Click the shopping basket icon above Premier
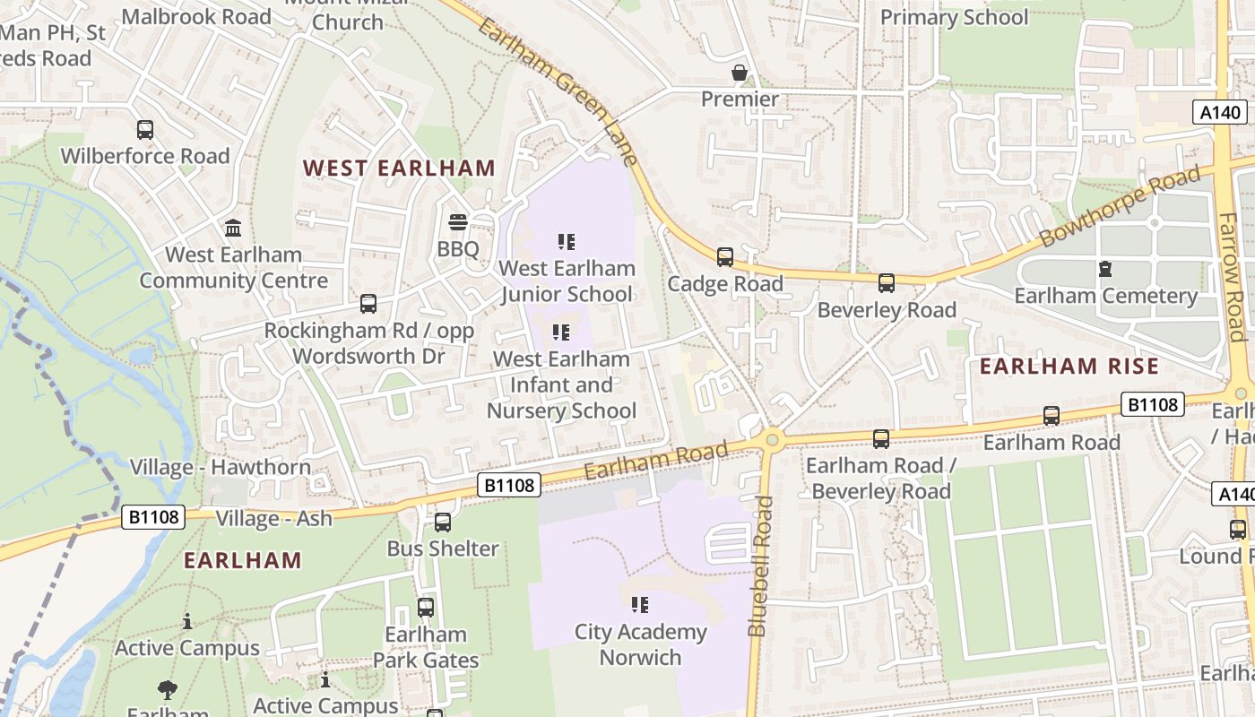740,73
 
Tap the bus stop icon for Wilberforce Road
145,130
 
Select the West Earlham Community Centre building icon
233,228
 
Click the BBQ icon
458,222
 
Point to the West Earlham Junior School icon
566,242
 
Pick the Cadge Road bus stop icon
725,257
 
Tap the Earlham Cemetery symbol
1105,269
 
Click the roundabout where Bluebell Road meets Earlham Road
772,439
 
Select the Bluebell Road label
760,566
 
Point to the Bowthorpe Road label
1120,207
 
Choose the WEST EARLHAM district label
399,168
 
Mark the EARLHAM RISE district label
1069,366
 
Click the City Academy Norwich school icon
640,605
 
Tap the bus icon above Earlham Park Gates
426,608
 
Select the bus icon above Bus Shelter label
443,523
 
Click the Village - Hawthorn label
221,467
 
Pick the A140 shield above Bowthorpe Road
1220,112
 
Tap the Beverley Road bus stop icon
887,283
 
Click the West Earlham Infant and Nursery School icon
561,333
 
